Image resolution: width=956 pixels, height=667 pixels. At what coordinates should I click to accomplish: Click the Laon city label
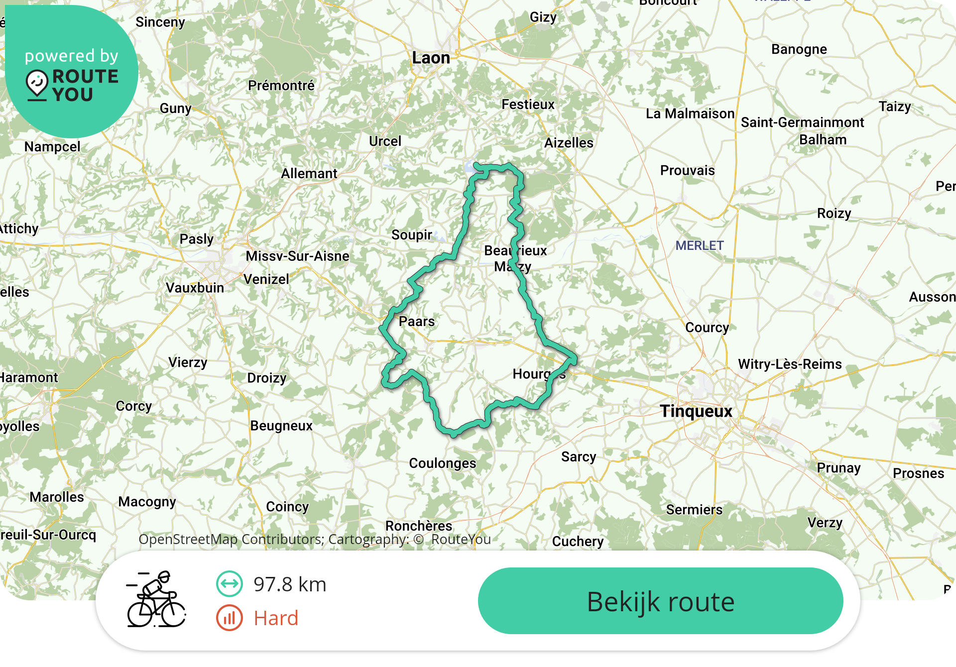(431, 58)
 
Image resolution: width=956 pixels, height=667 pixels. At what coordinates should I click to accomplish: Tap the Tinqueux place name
(696, 411)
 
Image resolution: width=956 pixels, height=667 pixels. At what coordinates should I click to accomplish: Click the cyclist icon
(156, 599)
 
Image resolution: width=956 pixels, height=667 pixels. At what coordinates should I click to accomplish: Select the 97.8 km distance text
(290, 584)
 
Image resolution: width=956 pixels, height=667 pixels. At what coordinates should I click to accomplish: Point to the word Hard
(276, 618)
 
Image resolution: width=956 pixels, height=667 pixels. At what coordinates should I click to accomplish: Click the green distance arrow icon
(230, 584)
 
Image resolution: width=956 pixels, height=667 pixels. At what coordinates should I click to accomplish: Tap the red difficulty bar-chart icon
(230, 618)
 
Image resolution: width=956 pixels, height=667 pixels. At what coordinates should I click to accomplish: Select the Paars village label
(417, 322)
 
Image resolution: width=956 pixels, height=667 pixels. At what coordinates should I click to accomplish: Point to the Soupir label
(412, 235)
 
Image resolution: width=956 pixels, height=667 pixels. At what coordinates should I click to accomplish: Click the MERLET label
(700, 245)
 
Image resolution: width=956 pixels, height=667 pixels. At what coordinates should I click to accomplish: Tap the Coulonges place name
(443, 463)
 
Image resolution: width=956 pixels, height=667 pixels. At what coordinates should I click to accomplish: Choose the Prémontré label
(281, 86)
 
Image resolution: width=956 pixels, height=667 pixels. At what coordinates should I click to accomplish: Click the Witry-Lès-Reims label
(790, 364)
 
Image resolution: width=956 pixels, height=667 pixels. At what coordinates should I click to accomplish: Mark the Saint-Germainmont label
(802, 122)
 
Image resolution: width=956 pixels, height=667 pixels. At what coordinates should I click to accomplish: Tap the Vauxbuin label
(195, 288)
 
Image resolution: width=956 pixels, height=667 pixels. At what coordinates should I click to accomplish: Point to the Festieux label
(528, 105)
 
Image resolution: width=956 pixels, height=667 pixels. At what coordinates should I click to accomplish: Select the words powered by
(72, 56)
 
